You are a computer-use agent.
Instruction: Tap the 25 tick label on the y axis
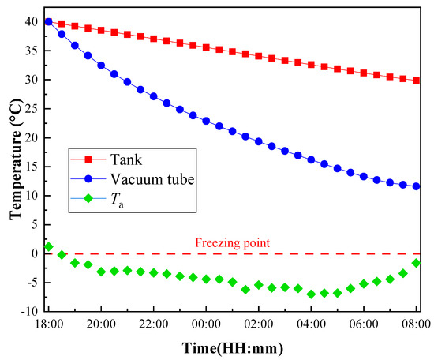[32, 109]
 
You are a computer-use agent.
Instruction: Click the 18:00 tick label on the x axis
[49, 324]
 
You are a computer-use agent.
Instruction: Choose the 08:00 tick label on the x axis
[416, 324]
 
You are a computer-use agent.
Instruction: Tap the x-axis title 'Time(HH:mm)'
[233, 347]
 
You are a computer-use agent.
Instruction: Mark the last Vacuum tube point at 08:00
[416, 187]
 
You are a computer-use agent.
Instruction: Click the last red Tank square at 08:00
[416, 81]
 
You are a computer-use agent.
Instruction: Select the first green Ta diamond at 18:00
[49, 246]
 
